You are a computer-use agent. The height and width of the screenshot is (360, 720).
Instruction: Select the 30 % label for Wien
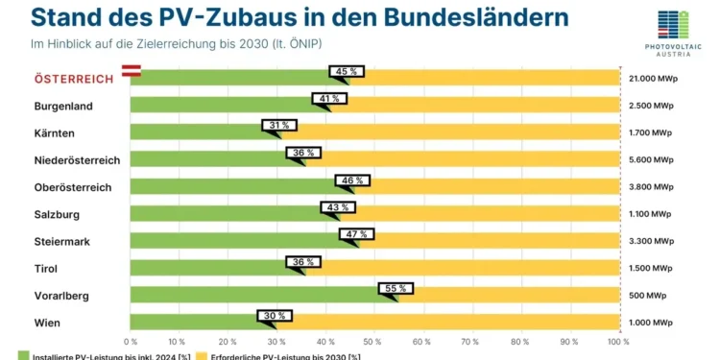click(274, 315)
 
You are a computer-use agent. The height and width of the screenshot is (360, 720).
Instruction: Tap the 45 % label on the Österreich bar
click(345, 71)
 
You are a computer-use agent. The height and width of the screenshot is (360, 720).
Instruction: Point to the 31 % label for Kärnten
click(279, 126)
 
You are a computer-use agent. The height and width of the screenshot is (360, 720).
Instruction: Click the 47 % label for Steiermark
click(356, 233)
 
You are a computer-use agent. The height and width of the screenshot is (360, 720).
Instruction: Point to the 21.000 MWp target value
click(654, 79)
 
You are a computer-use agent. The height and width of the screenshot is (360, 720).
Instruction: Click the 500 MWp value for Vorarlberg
click(650, 296)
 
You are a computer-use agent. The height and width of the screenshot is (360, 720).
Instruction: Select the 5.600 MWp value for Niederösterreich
click(652, 159)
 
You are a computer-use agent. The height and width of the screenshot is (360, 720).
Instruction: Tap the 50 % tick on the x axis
click(374, 341)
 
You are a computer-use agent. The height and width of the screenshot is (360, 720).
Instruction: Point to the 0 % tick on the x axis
click(131, 341)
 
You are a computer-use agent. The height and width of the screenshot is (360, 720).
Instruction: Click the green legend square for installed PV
click(24, 356)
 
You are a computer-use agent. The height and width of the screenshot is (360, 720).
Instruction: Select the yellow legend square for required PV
click(202, 356)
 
